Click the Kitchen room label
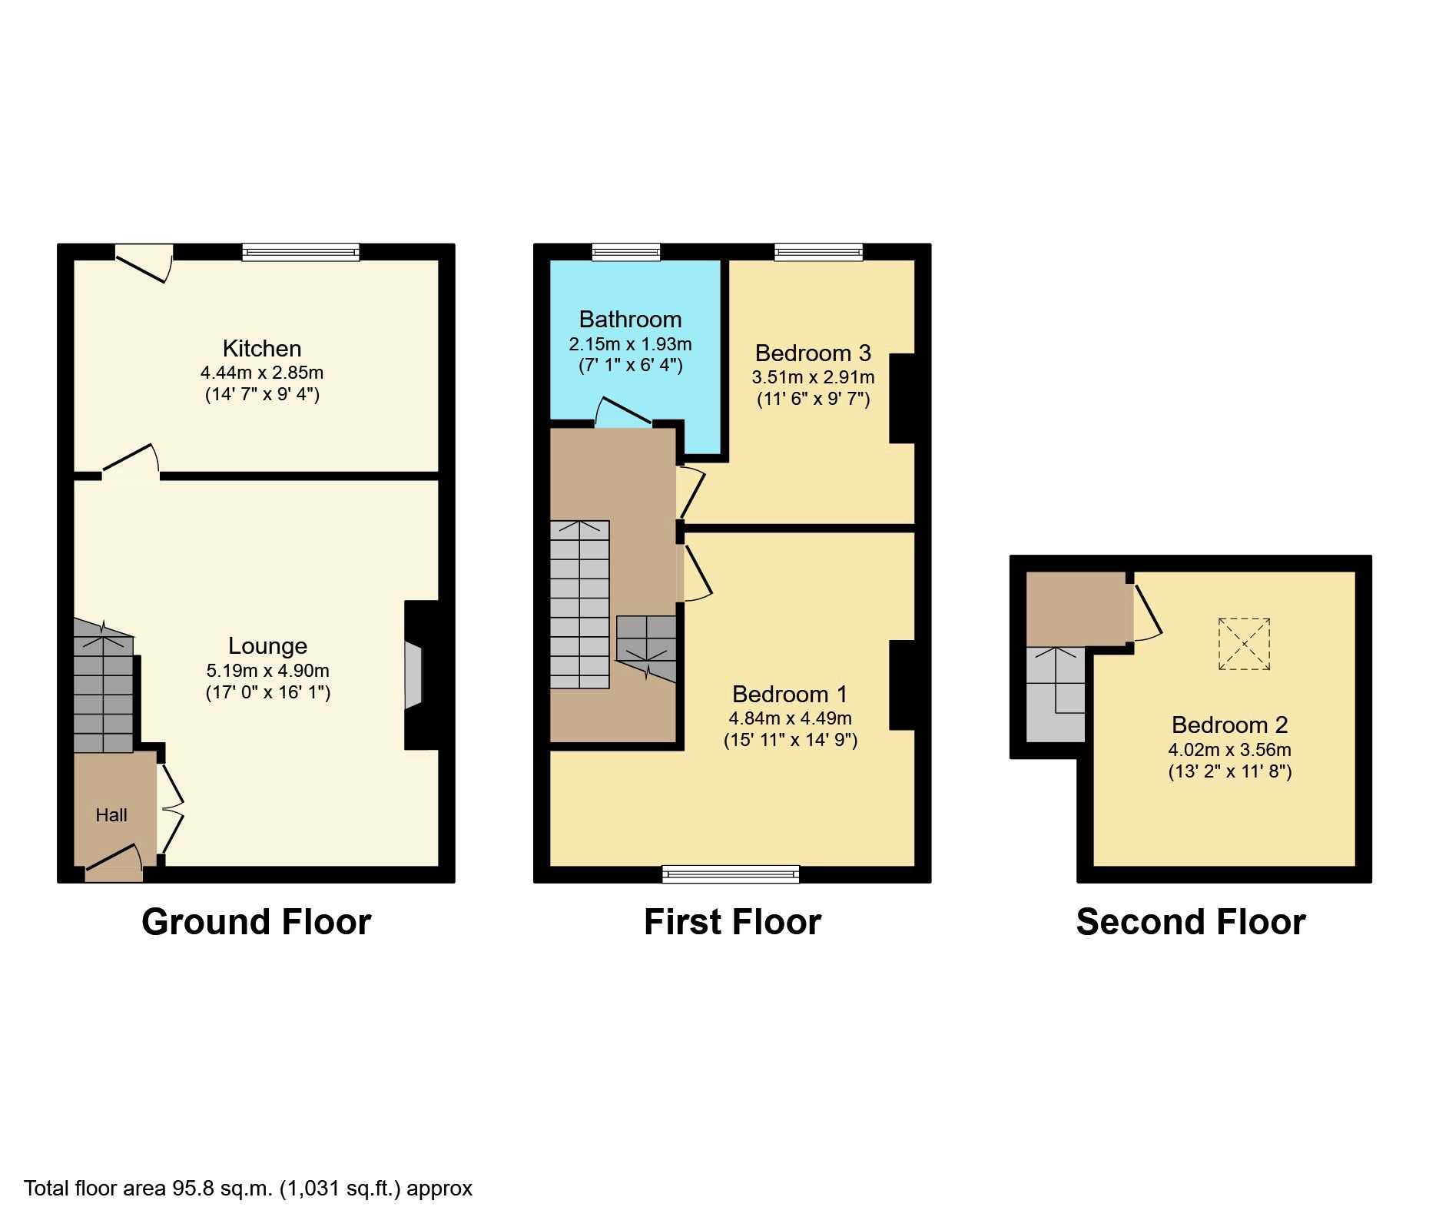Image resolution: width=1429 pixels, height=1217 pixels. point(261,349)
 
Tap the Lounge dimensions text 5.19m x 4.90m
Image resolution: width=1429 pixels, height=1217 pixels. point(267,670)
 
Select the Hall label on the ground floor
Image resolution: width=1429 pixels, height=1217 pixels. point(111,815)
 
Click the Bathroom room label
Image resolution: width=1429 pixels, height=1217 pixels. point(630,319)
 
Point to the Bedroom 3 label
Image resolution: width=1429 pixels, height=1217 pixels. point(813,353)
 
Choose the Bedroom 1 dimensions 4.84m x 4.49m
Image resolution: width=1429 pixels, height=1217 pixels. point(790,718)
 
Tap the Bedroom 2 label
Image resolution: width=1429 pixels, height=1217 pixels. point(1229,725)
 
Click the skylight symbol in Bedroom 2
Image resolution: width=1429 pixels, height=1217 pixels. point(1244,644)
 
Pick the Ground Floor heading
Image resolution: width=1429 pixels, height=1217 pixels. point(257,922)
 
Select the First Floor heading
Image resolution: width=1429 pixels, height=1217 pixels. point(732,922)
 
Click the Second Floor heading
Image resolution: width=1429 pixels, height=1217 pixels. point(1191,922)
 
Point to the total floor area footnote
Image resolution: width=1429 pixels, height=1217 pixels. point(248,1189)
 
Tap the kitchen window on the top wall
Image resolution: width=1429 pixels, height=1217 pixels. point(300,251)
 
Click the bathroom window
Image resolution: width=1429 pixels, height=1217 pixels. point(626,251)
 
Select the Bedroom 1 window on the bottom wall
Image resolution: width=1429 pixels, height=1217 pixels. point(731,874)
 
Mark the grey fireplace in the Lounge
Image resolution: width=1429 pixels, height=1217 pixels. point(414,675)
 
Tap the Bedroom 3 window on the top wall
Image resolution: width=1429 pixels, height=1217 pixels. point(818,251)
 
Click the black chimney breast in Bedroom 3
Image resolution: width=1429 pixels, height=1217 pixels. point(902,398)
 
